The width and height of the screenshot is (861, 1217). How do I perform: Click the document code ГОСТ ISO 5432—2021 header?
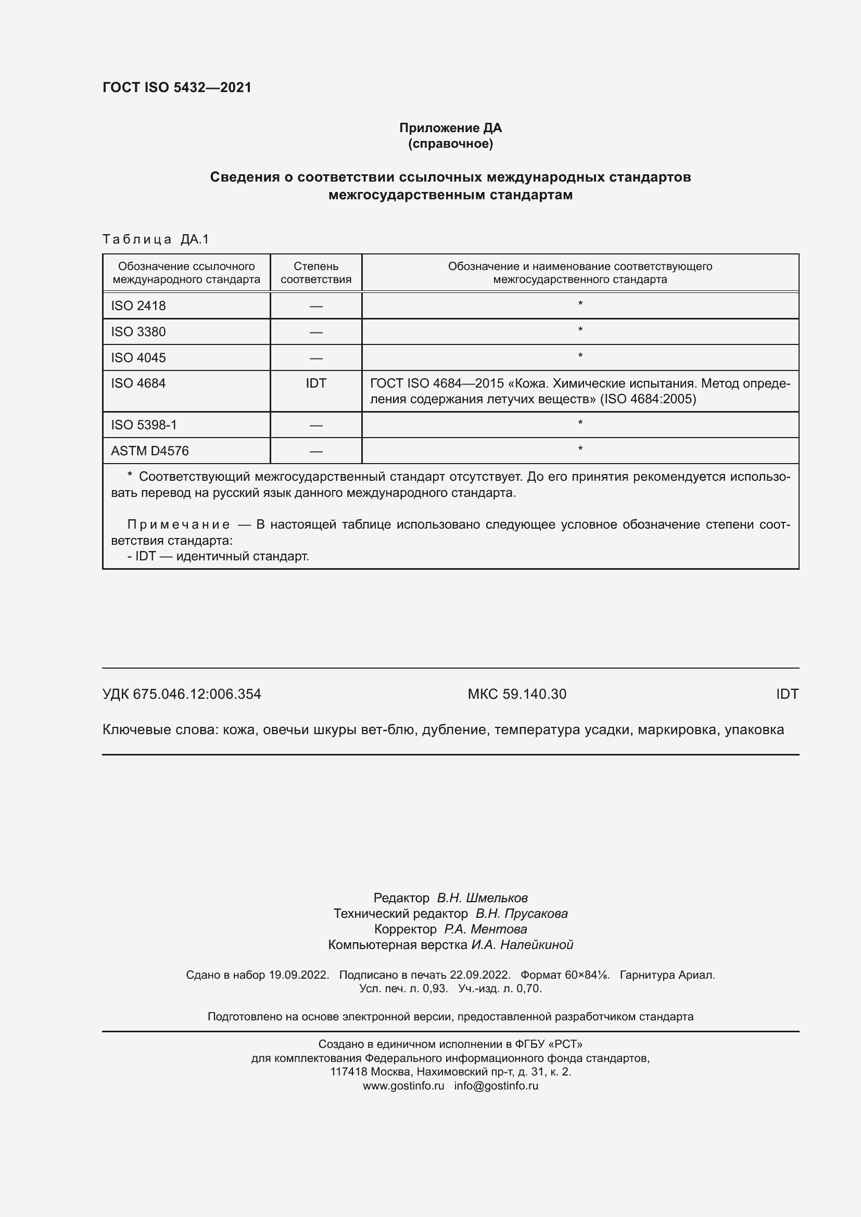click(177, 87)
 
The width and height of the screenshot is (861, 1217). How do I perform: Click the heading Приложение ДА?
click(450, 128)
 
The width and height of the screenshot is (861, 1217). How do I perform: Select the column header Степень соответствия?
click(316, 273)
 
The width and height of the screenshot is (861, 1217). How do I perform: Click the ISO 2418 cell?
click(138, 306)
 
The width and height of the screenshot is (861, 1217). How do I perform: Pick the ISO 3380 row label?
click(138, 332)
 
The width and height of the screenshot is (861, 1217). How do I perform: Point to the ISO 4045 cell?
click(138, 358)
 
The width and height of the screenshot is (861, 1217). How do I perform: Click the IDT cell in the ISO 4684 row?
click(316, 383)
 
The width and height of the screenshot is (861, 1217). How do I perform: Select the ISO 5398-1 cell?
click(144, 425)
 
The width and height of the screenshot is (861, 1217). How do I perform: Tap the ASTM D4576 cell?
click(149, 451)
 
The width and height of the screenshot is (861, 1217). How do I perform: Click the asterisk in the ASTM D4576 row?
click(580, 450)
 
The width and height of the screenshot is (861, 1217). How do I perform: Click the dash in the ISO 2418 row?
click(316, 306)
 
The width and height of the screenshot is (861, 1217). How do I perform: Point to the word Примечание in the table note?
click(179, 525)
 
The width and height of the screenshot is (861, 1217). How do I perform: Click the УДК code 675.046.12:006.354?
click(197, 694)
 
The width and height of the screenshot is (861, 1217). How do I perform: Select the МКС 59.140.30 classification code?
click(517, 694)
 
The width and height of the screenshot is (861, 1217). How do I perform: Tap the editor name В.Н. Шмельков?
click(482, 898)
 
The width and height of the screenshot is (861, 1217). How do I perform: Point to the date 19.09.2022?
click(299, 975)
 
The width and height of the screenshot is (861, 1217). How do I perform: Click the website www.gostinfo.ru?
click(403, 1085)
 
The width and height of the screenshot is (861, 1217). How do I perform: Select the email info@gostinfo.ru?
click(496, 1085)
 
